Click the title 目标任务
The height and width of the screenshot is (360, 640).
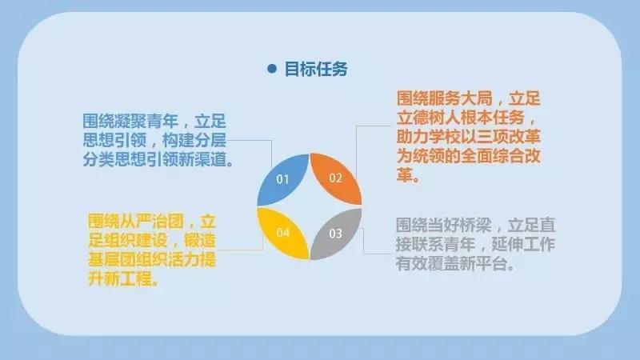pyautogui.click(x=316, y=69)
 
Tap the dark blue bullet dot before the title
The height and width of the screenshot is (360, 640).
pyautogui.click(x=272, y=69)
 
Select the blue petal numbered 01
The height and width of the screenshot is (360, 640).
pyautogui.click(x=283, y=179)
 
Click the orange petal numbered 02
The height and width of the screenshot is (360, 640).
pyautogui.click(x=336, y=178)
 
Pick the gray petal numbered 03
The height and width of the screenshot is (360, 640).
pyautogui.click(x=336, y=234)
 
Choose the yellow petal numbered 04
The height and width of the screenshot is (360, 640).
pyautogui.click(x=283, y=234)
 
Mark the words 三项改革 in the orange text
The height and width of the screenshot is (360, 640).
pyautogui.click(x=508, y=137)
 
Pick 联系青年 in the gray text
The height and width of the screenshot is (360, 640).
pyautogui.click(x=444, y=245)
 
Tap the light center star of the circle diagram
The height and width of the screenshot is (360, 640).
pyautogui.click(x=310, y=206)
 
